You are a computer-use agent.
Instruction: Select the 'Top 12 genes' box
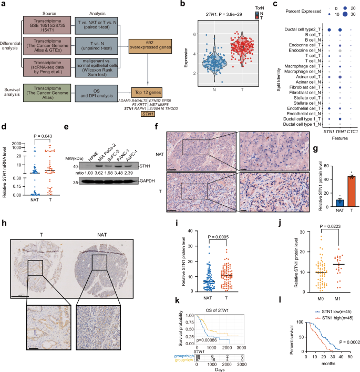point(147,91)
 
